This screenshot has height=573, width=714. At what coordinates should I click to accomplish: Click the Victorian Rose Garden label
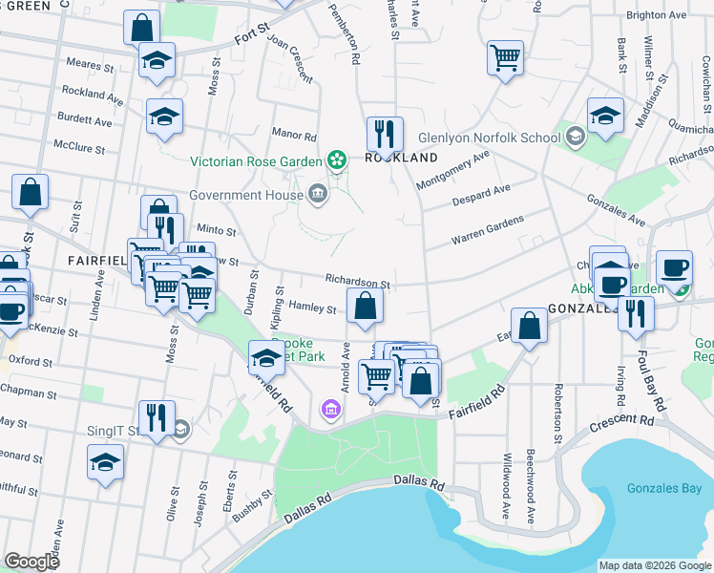pyautogui.click(x=256, y=161)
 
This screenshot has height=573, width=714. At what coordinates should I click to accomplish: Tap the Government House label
pyautogui.click(x=245, y=196)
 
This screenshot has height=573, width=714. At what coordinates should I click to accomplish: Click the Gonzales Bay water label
pyautogui.click(x=664, y=488)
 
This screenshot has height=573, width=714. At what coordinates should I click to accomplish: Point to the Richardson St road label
pyautogui.click(x=358, y=283)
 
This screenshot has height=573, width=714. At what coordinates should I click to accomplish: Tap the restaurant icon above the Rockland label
pyautogui.click(x=385, y=133)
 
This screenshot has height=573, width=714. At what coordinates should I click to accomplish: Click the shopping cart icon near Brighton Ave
pyautogui.click(x=505, y=56)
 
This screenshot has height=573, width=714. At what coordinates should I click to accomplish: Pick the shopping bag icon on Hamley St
pyautogui.click(x=365, y=306)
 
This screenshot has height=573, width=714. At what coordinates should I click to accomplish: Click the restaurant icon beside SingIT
pyautogui.click(x=156, y=416)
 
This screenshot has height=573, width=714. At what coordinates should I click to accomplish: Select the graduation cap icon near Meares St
pyautogui.click(x=157, y=60)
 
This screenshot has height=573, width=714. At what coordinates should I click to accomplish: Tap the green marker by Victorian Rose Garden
pyautogui.click(x=336, y=160)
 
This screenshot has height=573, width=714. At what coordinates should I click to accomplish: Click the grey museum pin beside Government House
pyautogui.click(x=318, y=196)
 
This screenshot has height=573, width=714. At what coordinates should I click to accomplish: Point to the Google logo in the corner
pyautogui.click(x=31, y=562)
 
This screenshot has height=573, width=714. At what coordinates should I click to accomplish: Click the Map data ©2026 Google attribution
pyautogui.click(x=655, y=565)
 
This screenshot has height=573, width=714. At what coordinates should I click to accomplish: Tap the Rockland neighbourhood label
pyautogui.click(x=401, y=158)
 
